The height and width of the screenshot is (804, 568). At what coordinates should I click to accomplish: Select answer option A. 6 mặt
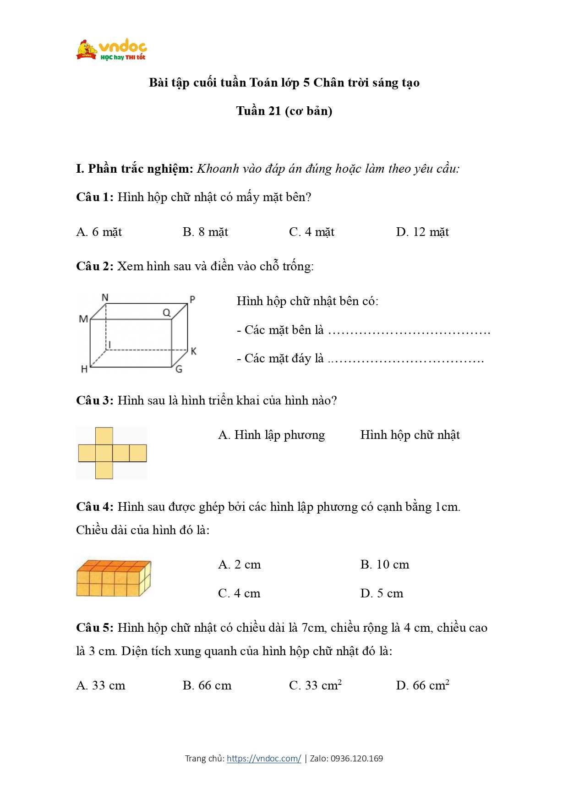pos(99,232)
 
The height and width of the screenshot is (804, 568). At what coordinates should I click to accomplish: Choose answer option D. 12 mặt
pos(422,232)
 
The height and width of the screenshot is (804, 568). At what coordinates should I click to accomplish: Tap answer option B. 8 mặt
pos(205,232)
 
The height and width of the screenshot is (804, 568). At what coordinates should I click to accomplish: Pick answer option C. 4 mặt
pos(311,232)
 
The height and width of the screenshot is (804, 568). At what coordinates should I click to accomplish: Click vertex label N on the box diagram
pos(105,297)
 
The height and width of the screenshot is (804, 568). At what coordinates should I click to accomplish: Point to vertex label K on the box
pos(193,351)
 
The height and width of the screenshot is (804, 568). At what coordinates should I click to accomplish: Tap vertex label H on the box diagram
pos(84,369)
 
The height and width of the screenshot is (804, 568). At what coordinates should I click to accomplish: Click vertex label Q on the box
pos(166,312)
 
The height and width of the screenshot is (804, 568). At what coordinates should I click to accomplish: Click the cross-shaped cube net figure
pos(112,453)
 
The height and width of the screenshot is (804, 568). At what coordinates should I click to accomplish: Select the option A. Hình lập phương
pos(271,435)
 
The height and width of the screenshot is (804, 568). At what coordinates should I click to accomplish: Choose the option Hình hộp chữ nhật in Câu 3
pos(410,435)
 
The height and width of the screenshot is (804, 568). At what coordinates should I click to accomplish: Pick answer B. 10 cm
pos(384,564)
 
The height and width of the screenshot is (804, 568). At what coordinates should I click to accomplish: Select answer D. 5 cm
pos(382,593)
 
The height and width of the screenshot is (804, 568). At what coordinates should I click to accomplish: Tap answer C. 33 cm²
pos(315,685)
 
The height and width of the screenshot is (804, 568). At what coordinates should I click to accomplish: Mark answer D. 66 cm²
pos(422,685)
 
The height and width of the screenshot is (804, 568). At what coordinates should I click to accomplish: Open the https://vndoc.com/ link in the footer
pos(264,758)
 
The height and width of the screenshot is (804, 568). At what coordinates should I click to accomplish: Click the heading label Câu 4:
pos(94,507)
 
